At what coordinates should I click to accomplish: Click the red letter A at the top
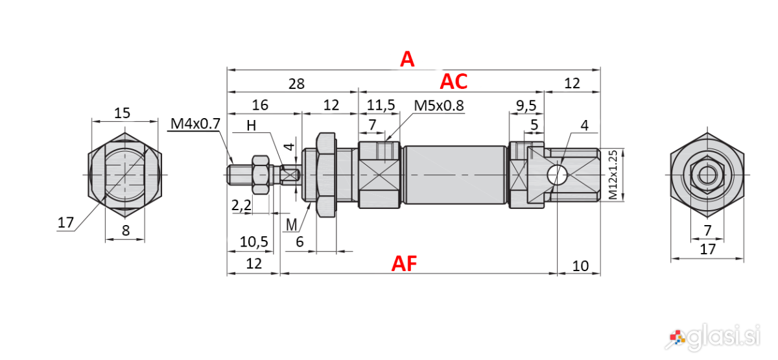[407, 59]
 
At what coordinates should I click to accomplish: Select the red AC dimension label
[454, 82]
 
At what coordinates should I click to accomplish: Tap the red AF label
[404, 263]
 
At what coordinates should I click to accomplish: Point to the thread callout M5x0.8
[439, 105]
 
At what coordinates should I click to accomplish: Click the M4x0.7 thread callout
[195, 123]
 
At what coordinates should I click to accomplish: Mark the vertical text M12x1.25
[613, 174]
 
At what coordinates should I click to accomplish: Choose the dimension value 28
[296, 84]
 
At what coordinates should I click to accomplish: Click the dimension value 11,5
[381, 105]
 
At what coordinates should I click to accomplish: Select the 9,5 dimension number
[526, 106]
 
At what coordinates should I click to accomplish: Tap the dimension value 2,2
[241, 206]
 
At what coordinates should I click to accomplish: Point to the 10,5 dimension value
[254, 241]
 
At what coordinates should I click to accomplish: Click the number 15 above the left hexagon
[122, 113]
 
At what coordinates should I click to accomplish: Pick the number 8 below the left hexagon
[125, 230]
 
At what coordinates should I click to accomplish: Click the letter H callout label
[252, 125]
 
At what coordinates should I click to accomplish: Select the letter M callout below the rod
[291, 225]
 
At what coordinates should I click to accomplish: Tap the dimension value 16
[260, 105]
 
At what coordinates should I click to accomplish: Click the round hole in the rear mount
[557, 174]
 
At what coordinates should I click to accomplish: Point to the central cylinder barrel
[455, 174]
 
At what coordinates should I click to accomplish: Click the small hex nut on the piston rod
[261, 174]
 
